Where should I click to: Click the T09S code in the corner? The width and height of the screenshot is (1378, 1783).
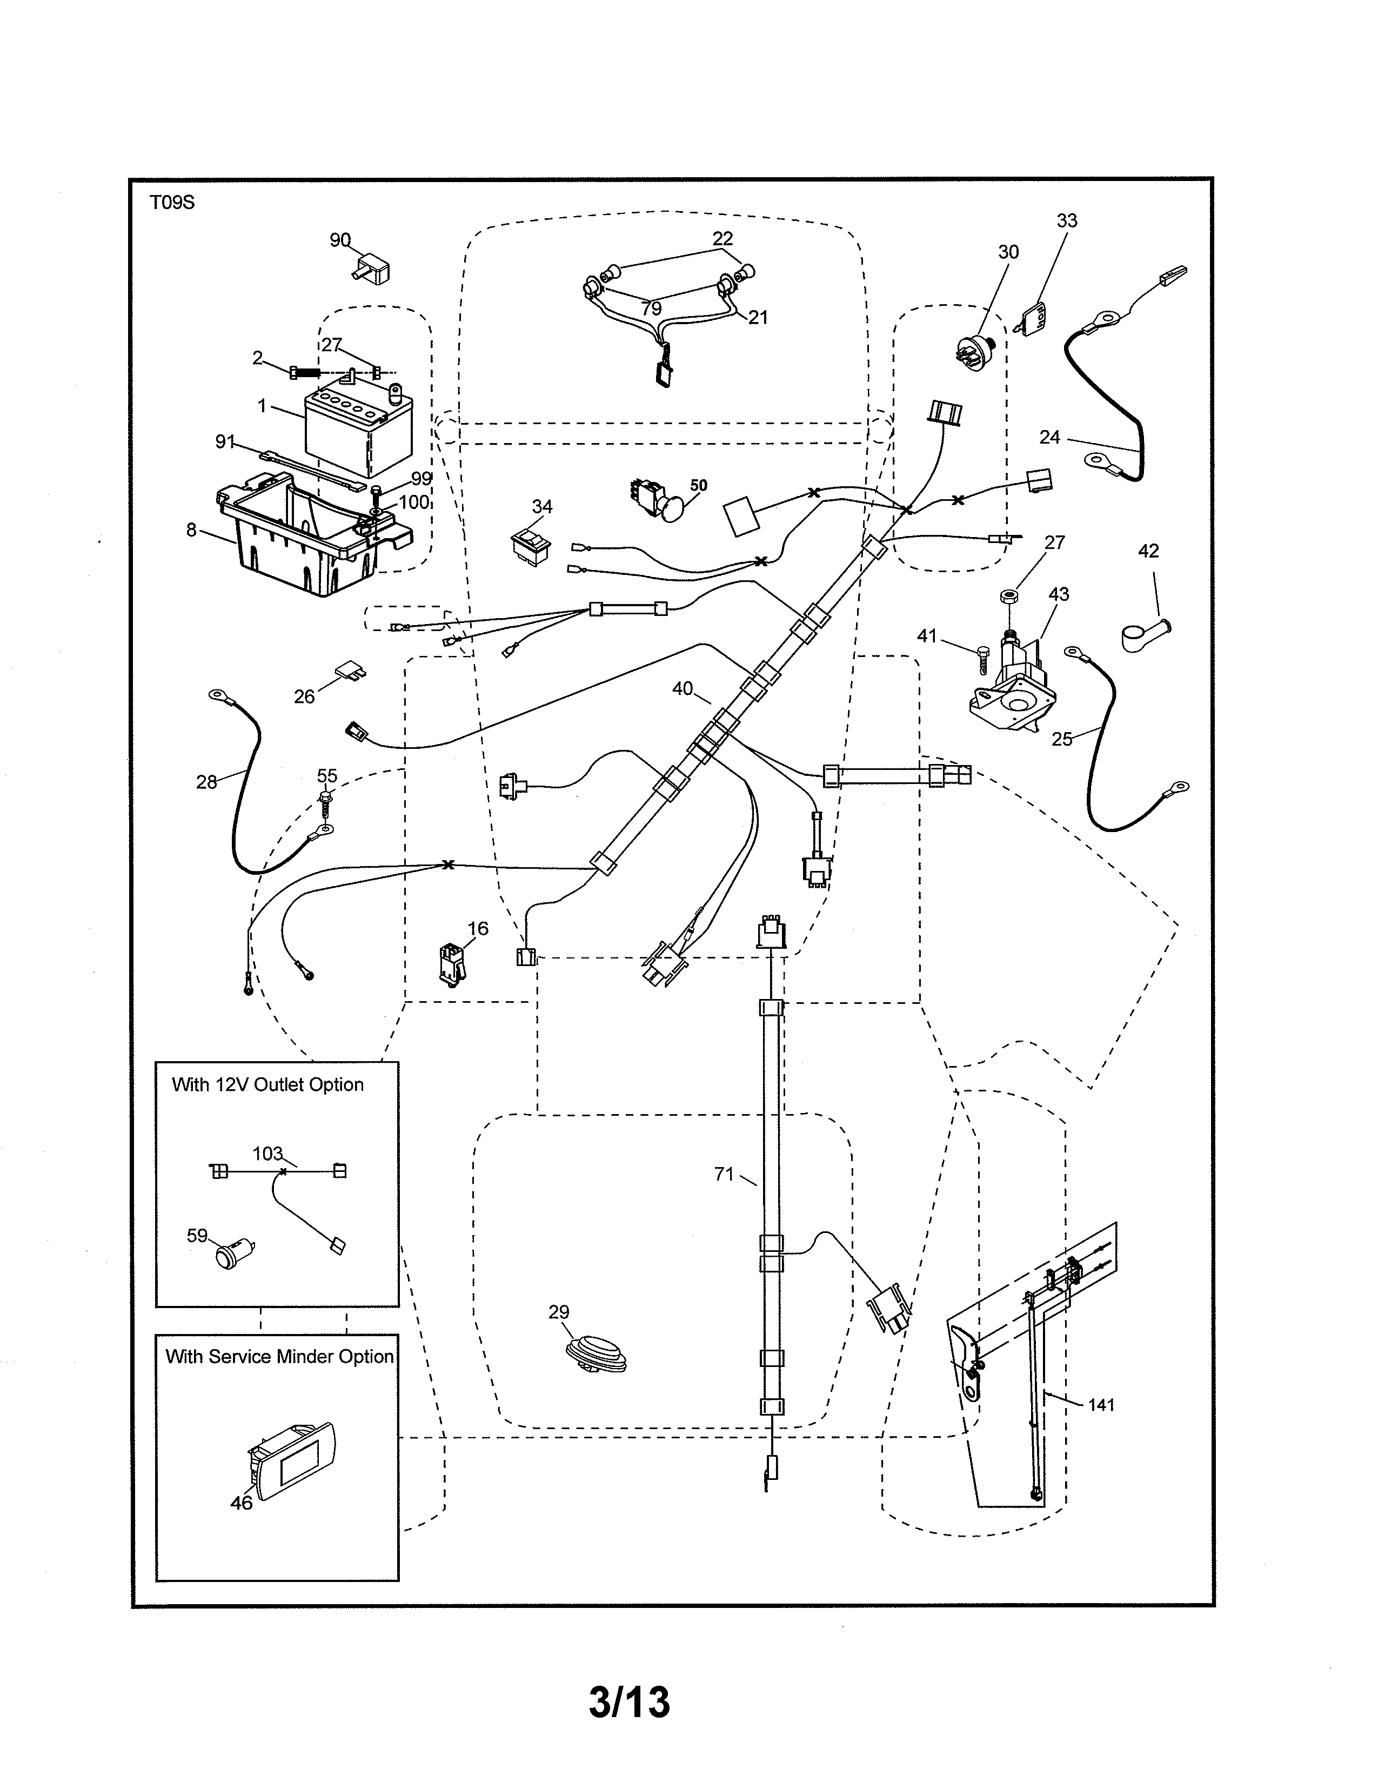click(172, 203)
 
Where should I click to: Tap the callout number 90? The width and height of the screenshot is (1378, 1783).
click(339, 240)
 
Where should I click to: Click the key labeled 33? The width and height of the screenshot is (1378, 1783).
click(1033, 318)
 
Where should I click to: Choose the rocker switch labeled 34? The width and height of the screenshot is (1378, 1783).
click(530, 545)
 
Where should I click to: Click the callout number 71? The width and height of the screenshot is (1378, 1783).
click(723, 1174)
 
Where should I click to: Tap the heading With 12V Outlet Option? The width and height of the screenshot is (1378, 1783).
click(267, 1084)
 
